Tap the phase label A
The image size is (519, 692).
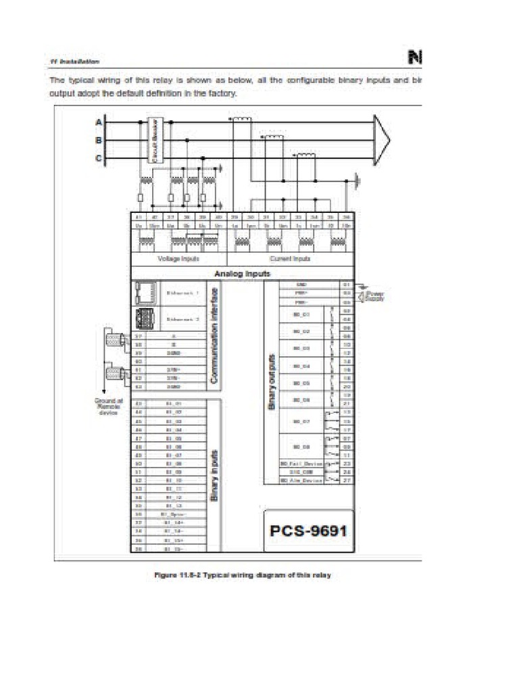99,122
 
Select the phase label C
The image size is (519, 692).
99,159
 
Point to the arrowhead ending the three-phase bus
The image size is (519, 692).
382,140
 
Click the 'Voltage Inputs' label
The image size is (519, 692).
178,258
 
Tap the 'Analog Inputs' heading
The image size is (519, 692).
242,274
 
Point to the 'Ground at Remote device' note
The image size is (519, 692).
109,407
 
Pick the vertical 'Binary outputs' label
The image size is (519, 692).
272,382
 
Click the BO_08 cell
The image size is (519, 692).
301,447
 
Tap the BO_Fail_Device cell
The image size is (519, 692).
301,464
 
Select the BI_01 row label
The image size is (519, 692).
174,403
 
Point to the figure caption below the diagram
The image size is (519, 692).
241,575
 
